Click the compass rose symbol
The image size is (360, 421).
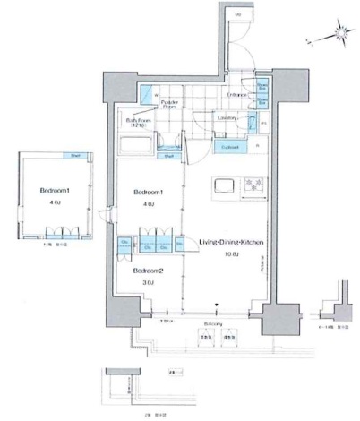point(338,35)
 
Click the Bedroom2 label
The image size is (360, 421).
point(149,270)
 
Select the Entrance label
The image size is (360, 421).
point(236,94)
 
